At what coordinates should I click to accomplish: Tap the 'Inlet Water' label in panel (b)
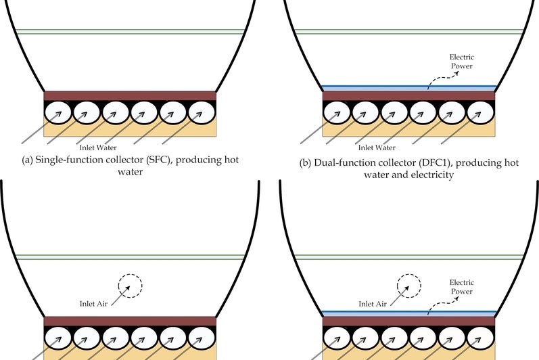click(376, 146)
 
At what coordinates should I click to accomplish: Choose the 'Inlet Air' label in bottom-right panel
click(374, 305)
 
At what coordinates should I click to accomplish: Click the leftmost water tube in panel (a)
click(57, 112)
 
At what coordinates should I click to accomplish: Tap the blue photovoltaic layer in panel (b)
click(408, 88)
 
